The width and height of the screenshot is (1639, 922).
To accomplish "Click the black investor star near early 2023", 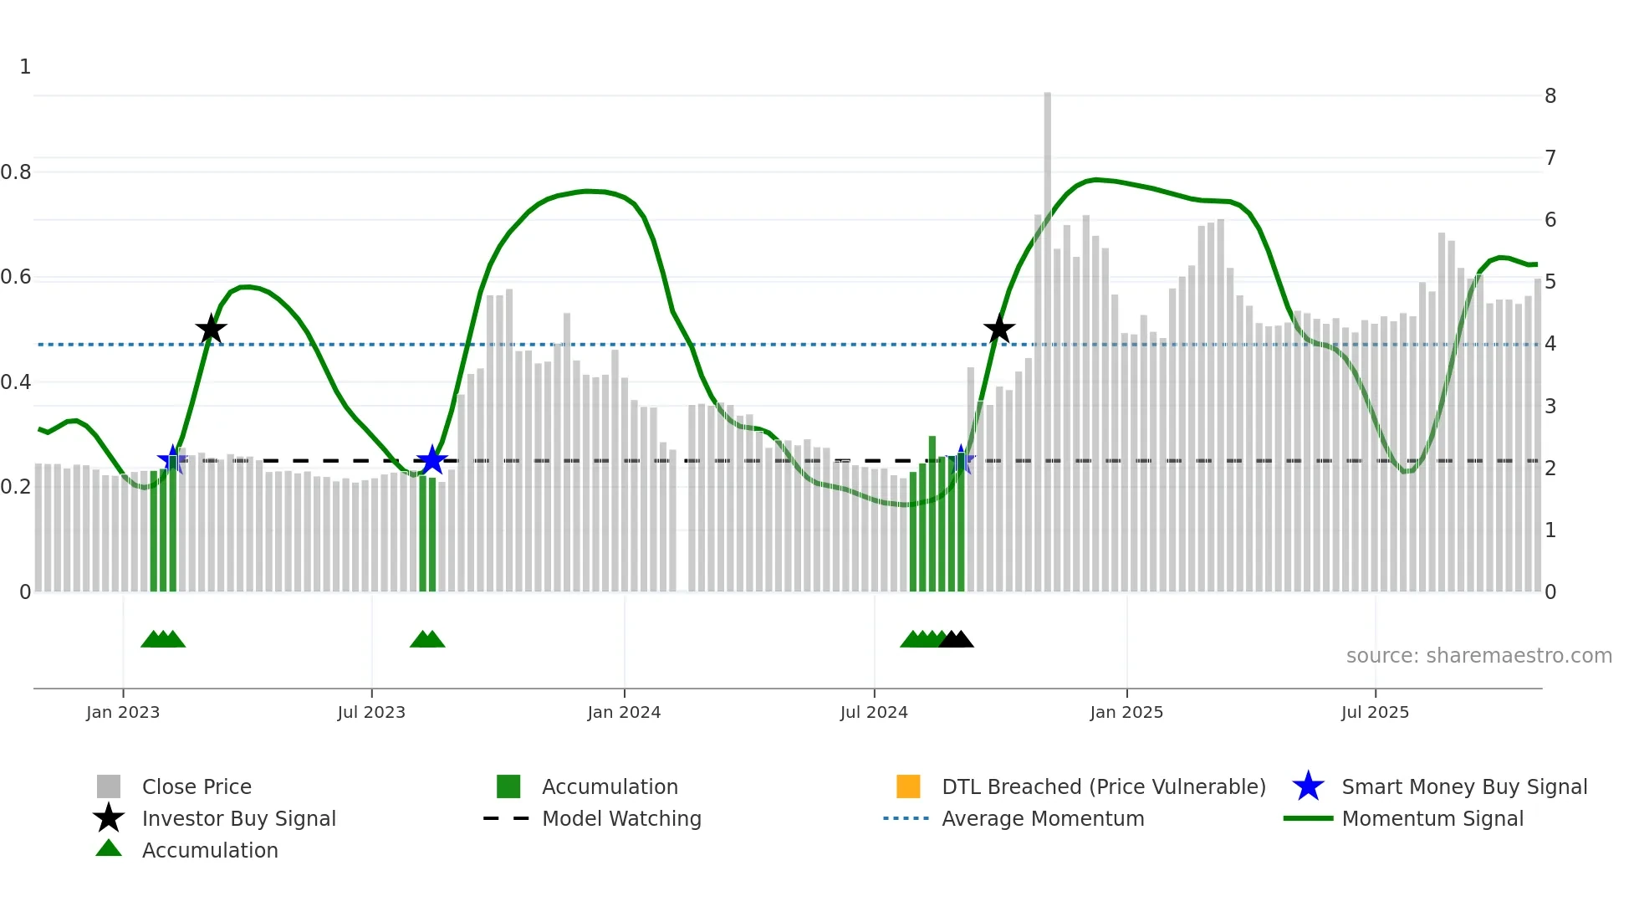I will [x=211, y=329].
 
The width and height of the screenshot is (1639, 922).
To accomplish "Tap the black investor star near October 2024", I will [x=998, y=329].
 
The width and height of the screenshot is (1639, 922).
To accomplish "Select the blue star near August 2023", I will [x=431, y=460].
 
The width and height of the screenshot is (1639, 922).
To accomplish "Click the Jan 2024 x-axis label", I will [x=624, y=712].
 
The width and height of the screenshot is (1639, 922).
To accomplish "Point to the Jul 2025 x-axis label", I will [x=1375, y=712].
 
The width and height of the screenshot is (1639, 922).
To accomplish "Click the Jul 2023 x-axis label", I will [x=371, y=712].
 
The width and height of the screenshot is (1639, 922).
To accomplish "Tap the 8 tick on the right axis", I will [x=1550, y=96].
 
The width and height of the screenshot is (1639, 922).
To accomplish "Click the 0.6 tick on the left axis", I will [x=16, y=277].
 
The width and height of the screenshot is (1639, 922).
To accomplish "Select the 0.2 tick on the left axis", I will [x=16, y=487].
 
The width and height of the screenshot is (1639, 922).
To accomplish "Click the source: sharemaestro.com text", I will [x=1478, y=655].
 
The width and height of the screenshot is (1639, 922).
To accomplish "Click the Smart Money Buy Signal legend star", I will [x=1308, y=786].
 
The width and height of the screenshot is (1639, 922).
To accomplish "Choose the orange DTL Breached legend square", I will [x=908, y=786].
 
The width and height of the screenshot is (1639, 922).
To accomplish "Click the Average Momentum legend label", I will [x=1043, y=818].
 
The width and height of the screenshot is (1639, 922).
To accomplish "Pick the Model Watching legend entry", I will [x=621, y=818].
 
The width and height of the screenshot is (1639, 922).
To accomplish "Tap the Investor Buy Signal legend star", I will [x=109, y=818].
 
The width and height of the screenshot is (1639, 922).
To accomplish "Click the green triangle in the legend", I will [x=109, y=848].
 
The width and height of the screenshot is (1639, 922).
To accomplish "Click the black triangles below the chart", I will [x=956, y=640].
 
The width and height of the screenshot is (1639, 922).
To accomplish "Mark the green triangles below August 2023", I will [x=427, y=640].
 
